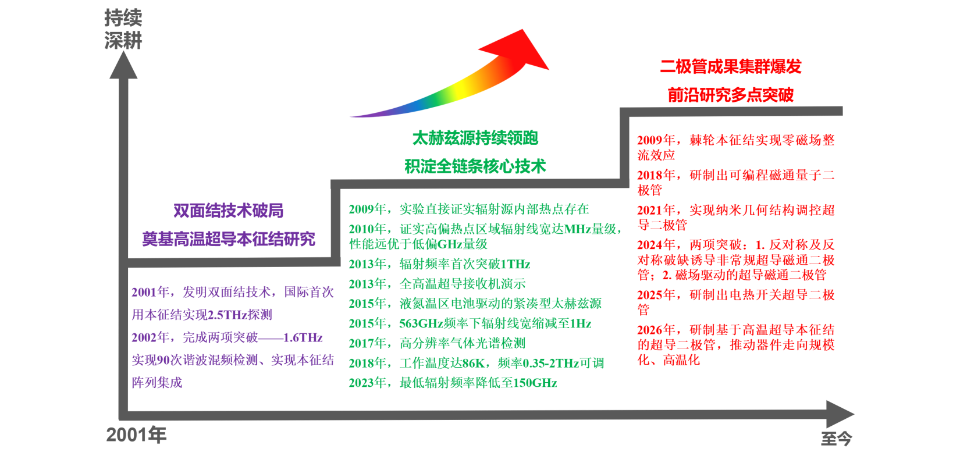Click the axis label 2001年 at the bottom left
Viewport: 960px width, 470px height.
pyautogui.click(x=136, y=435)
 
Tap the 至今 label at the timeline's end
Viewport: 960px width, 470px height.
pyautogui.click(x=836, y=439)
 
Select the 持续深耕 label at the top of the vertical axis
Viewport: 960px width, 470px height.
pyautogui.click(x=123, y=29)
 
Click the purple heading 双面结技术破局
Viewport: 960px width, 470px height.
pyautogui.click(x=229, y=211)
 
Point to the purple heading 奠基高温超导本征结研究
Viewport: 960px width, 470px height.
pyautogui.click(x=229, y=239)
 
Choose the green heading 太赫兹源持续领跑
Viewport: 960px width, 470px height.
pyautogui.click(x=475, y=138)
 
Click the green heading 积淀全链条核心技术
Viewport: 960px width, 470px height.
pyautogui.click(x=475, y=166)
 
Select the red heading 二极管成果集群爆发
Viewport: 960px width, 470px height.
pyautogui.click(x=731, y=66)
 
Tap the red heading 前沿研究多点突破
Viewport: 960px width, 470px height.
pyautogui.click(x=731, y=95)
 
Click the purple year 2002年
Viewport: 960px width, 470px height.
pyautogui.click(x=151, y=337)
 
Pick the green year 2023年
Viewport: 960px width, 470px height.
pyautogui.click(x=368, y=383)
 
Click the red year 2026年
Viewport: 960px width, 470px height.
pyautogui.click(x=656, y=330)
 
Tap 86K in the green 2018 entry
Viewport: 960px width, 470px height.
pyautogui.click(x=474, y=364)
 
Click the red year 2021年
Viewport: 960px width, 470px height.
pyautogui.click(x=656, y=211)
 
